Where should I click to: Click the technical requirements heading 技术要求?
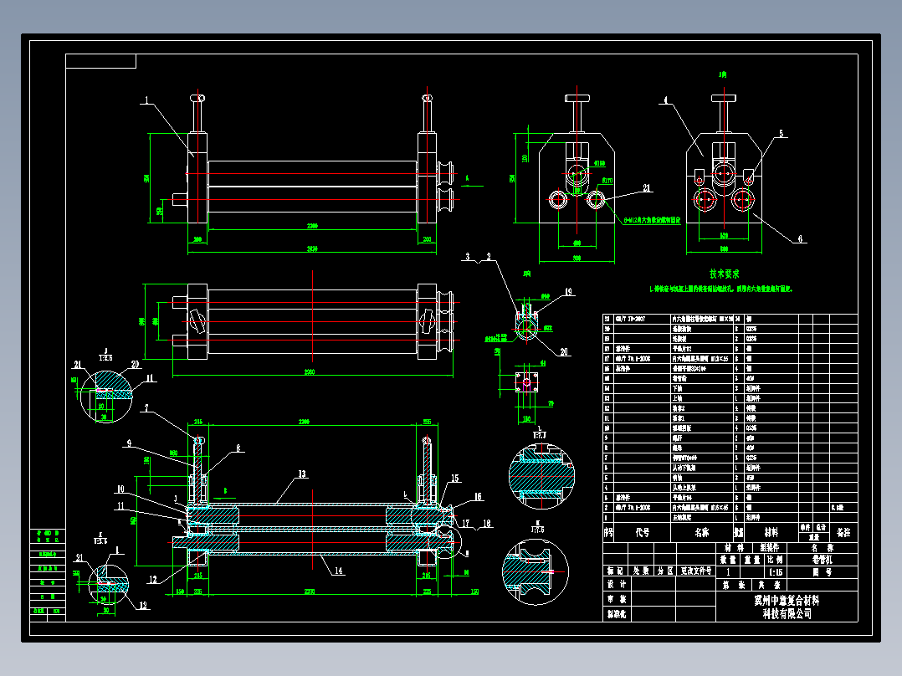[x=724, y=274]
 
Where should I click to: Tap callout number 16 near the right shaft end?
[x=478, y=496]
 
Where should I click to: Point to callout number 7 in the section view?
[x=146, y=408]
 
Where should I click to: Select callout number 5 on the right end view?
[x=781, y=133]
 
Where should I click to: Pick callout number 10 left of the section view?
[x=120, y=489]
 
